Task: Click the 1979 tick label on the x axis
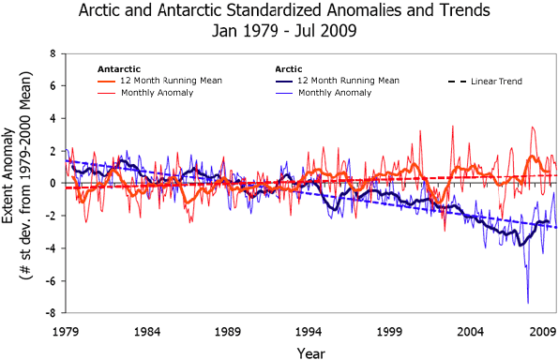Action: click(x=66, y=331)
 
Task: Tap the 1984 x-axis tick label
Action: click(x=146, y=331)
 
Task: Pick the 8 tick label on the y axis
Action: click(x=53, y=53)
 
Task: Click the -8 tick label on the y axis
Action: click(x=50, y=313)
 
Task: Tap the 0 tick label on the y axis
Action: click(x=53, y=184)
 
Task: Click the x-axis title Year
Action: click(x=311, y=351)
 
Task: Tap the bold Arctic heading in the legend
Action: click(x=289, y=69)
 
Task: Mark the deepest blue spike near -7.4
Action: click(x=528, y=302)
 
